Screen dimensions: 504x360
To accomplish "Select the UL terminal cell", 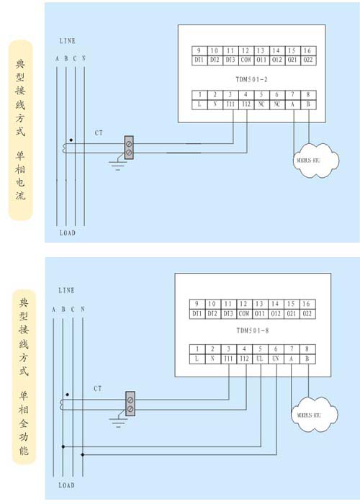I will pyautogui.click(x=260, y=358).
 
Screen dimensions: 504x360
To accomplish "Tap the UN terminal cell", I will pyautogui.click(x=276, y=358).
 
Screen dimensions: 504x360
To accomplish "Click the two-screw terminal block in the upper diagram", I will pyautogui.click(x=129, y=148).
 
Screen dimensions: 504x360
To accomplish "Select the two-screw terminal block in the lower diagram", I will pyautogui.click(x=130, y=403).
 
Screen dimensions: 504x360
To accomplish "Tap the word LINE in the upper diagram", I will pyautogui.click(x=66, y=41).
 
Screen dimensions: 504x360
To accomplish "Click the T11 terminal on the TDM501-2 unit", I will pyautogui.click(x=228, y=105).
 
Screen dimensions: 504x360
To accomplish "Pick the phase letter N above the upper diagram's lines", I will pyautogui.click(x=84, y=58).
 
